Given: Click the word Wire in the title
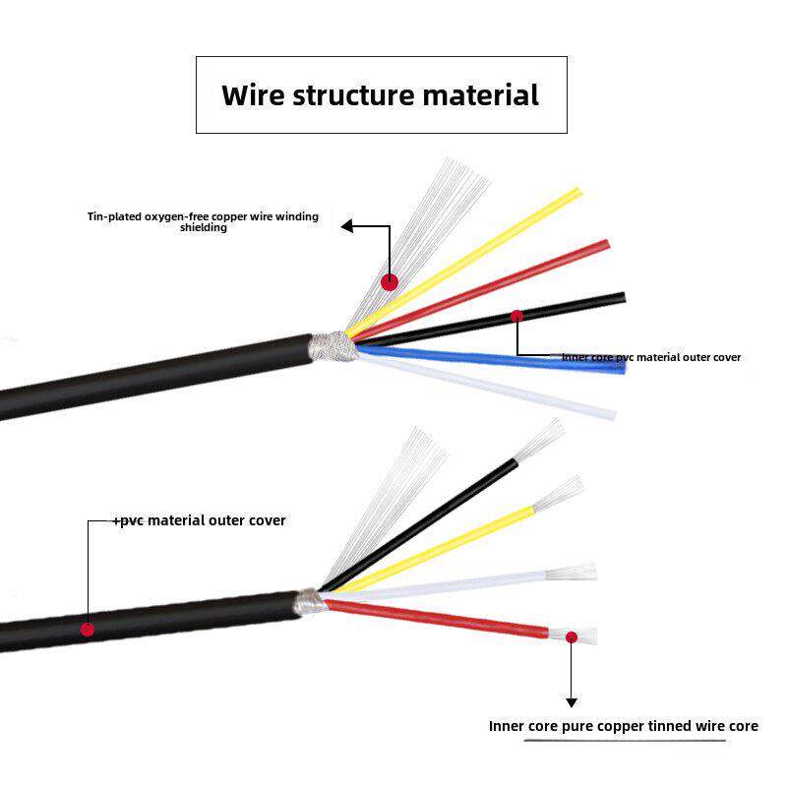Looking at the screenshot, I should click(x=253, y=95).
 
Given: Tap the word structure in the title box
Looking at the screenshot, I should click(x=353, y=95).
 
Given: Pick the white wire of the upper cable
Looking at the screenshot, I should click(x=492, y=389).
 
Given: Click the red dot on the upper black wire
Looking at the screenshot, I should click(x=515, y=316).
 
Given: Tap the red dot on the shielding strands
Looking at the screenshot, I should click(x=390, y=281).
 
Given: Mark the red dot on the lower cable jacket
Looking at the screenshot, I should click(x=87, y=628).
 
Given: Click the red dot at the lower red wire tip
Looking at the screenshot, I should click(x=571, y=637).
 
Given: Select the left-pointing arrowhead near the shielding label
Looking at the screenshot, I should click(x=347, y=226).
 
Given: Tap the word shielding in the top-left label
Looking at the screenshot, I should click(x=204, y=228).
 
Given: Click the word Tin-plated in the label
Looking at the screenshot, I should click(x=111, y=216).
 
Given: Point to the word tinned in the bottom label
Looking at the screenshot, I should click(x=671, y=726).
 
